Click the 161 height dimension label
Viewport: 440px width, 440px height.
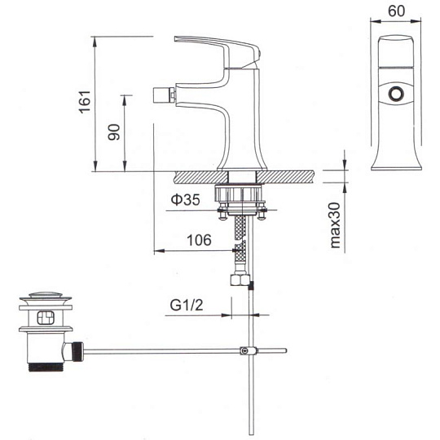pos(85,102)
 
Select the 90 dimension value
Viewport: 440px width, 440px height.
pos(114,132)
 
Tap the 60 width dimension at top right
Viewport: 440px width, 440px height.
pos(396,11)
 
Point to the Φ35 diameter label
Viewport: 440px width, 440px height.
pos(186,200)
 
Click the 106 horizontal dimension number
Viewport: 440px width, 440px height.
pos(199,240)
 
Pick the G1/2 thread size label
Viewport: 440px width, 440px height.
pos(187,305)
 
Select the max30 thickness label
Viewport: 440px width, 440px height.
pos(335,226)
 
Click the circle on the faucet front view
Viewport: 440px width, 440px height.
pos(396,94)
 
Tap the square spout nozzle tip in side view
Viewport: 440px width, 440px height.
pos(162,95)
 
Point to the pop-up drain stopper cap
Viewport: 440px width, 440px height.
pos(46,296)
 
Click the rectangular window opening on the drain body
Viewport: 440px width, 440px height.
pos(46,318)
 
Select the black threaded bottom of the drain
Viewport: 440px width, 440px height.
pos(46,367)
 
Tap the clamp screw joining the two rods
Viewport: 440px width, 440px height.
pos(245,350)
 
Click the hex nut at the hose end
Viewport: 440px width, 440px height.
pos(240,280)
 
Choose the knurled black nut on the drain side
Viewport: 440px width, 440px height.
pos(78,351)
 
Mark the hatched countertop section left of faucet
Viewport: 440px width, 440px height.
pos(200,177)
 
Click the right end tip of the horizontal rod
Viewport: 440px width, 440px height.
pos(286,350)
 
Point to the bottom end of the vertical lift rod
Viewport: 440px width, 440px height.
pos(251,434)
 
